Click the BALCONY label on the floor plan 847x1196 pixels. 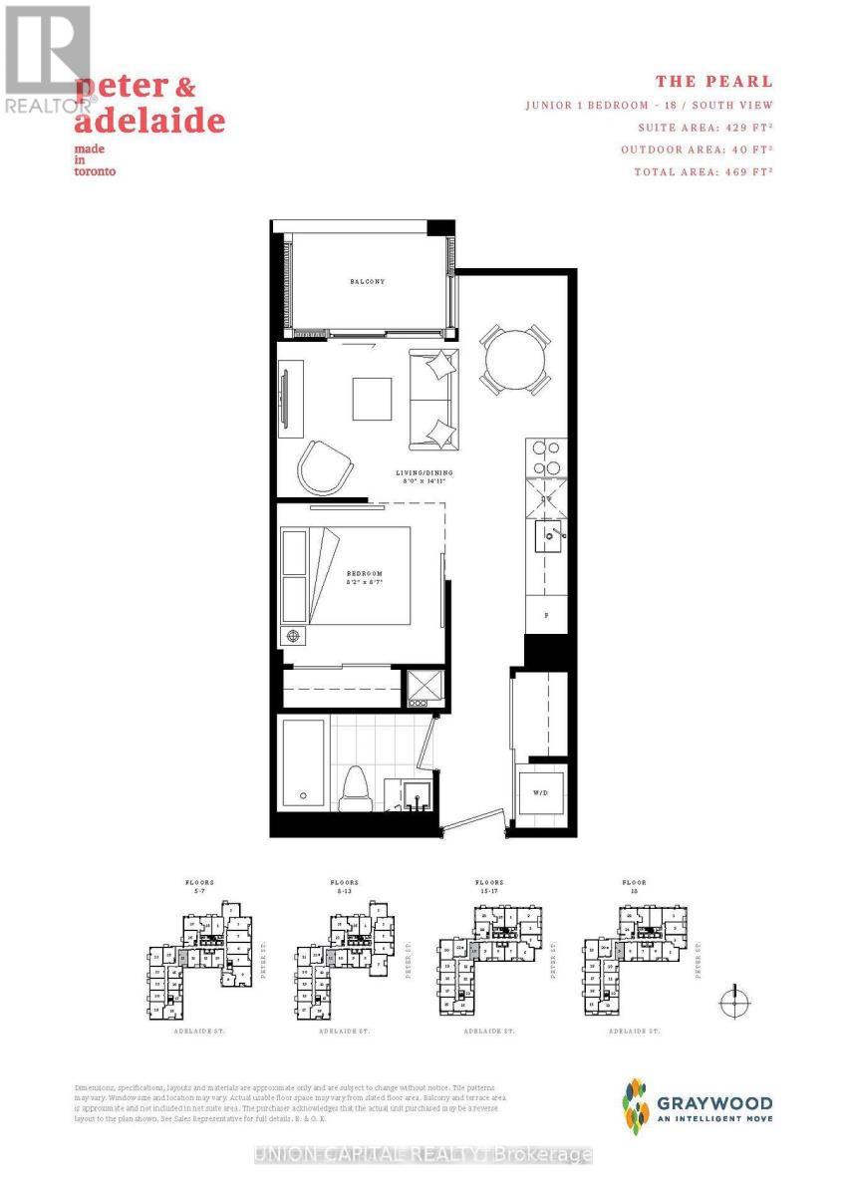[367, 282]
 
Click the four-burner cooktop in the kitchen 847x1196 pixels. [545, 457]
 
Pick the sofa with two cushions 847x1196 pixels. [433, 399]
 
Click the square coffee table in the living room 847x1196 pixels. [373, 399]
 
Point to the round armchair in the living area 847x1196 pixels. [326, 465]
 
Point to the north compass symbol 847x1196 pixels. [734, 1000]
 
